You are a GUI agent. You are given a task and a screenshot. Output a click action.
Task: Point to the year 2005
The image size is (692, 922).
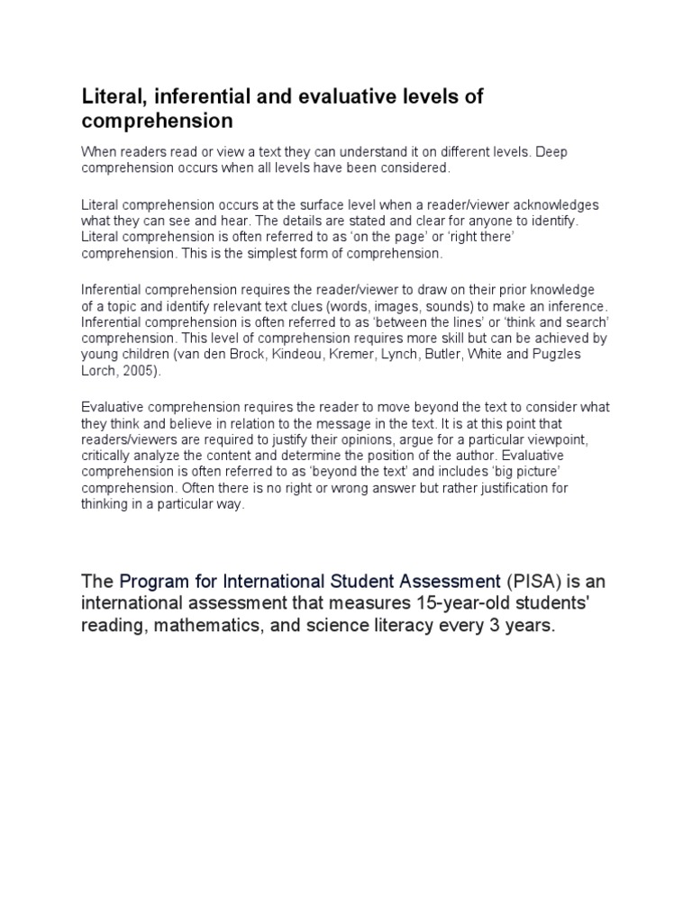coord(135,371)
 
